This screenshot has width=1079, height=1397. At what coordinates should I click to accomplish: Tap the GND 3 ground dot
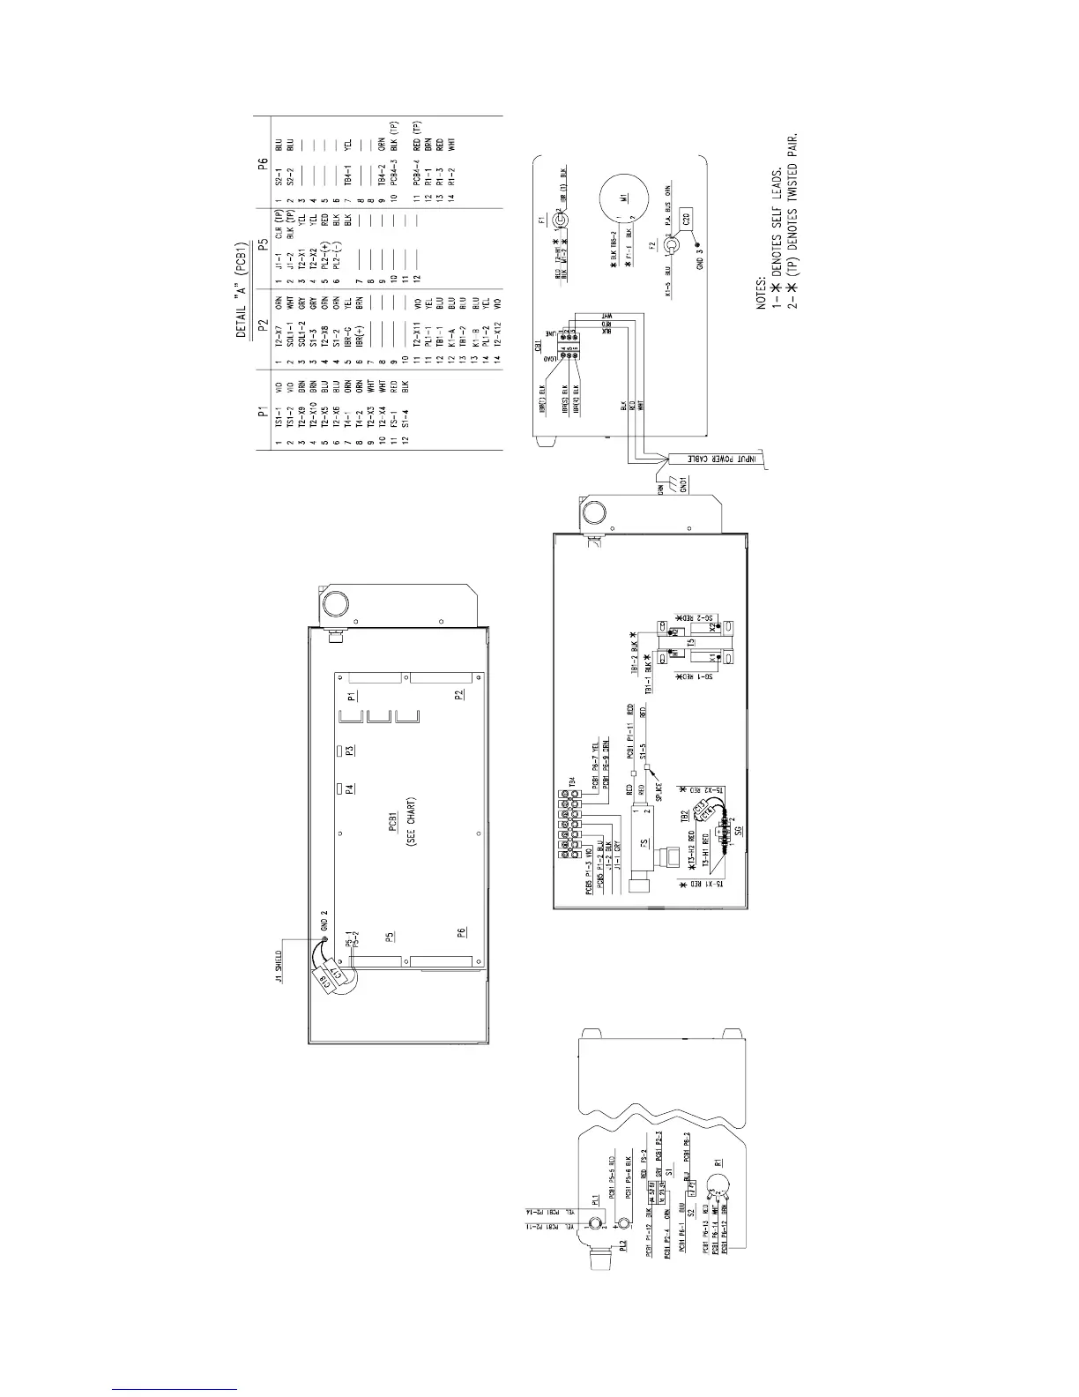tap(698, 244)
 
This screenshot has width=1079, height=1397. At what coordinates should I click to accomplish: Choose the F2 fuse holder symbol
tap(671, 244)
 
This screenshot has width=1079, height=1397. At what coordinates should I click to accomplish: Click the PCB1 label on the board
tap(394, 825)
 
